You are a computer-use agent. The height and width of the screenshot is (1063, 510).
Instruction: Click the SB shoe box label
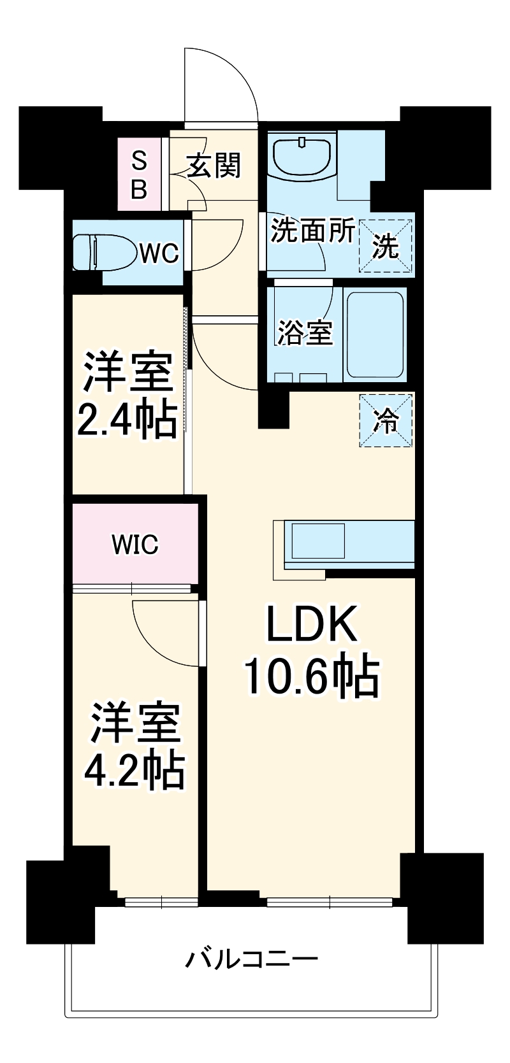(139, 174)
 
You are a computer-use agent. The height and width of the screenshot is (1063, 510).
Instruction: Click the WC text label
(159, 253)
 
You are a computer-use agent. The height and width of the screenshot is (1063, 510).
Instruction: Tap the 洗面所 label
(312, 231)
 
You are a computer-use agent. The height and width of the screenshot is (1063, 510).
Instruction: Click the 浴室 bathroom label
(305, 332)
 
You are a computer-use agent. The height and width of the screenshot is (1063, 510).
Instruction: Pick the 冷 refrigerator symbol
(386, 420)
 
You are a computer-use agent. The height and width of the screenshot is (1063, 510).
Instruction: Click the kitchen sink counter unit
(347, 542)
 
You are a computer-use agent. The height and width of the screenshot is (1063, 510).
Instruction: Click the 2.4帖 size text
(127, 420)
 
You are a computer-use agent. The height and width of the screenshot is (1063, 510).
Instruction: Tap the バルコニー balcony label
(251, 959)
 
